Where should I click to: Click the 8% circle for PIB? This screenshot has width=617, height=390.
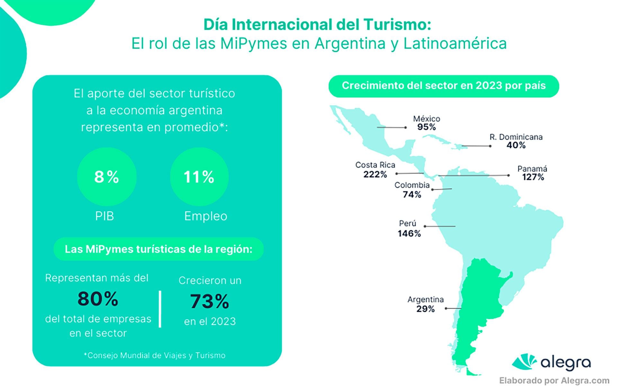point(107,177)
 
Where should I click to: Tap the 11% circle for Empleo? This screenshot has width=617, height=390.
point(199,177)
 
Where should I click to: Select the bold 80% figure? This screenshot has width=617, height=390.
point(98,299)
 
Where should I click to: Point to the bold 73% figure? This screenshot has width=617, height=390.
point(210,301)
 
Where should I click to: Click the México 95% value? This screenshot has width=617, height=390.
point(426,127)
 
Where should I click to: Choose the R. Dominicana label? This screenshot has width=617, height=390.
point(516,137)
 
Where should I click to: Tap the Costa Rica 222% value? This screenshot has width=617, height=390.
point(375,174)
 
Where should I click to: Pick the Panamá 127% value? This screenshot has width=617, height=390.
point(533,177)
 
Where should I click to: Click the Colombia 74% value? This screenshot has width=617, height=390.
point(412,195)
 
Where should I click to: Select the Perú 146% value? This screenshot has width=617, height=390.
point(409,233)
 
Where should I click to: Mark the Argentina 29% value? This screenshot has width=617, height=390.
point(425,309)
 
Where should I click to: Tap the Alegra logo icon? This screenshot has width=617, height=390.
point(524,362)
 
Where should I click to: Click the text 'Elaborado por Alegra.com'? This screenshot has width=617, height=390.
point(554,381)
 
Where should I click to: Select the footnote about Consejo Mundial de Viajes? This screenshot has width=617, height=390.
point(155,355)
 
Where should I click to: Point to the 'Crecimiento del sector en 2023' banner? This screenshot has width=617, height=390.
point(443,86)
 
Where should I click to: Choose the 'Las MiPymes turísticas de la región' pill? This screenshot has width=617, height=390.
point(158,249)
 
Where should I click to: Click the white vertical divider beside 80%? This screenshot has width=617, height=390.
point(160,309)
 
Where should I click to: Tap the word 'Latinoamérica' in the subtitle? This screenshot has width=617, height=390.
point(455,43)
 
